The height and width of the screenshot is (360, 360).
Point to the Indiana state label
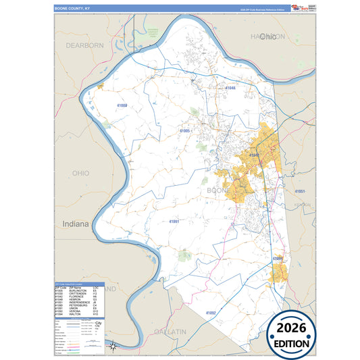coord(75,224)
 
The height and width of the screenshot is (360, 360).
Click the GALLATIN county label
coord(172,332)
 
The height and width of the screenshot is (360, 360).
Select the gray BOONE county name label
coord(217,191)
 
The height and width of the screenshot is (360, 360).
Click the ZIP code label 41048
coord(230,88)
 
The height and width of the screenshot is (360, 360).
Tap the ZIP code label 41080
coord(121,106)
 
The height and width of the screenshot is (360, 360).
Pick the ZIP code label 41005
coord(185,130)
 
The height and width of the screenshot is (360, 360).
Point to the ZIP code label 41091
coord(174,221)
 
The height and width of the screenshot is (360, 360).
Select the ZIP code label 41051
coord(300,192)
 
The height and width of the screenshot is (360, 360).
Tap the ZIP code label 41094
coord(278,259)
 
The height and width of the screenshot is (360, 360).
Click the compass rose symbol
coord(113,346)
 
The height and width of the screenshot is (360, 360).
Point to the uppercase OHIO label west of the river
coord(80,174)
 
